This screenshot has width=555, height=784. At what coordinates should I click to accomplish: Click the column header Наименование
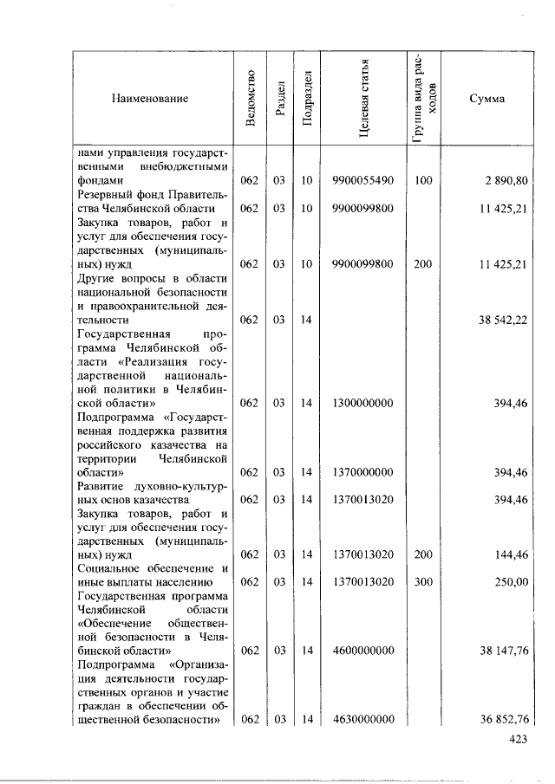tap(149, 99)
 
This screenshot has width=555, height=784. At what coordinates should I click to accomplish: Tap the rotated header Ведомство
tap(250, 99)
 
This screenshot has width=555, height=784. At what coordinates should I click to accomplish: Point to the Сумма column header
tap(486, 99)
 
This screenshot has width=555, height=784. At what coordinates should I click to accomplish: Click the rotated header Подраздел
tap(307, 99)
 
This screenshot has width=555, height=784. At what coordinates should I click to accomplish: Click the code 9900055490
tap(363, 180)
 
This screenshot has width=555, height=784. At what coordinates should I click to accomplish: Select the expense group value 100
tap(422, 180)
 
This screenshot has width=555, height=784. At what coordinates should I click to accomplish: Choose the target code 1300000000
tap(363, 403)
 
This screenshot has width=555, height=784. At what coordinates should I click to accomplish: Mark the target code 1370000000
tap(363, 472)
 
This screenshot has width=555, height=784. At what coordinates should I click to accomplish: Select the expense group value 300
tap(422, 582)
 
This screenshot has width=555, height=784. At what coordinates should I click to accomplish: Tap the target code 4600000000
tap(363, 651)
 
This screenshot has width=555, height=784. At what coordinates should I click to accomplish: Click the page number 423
tap(518, 740)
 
